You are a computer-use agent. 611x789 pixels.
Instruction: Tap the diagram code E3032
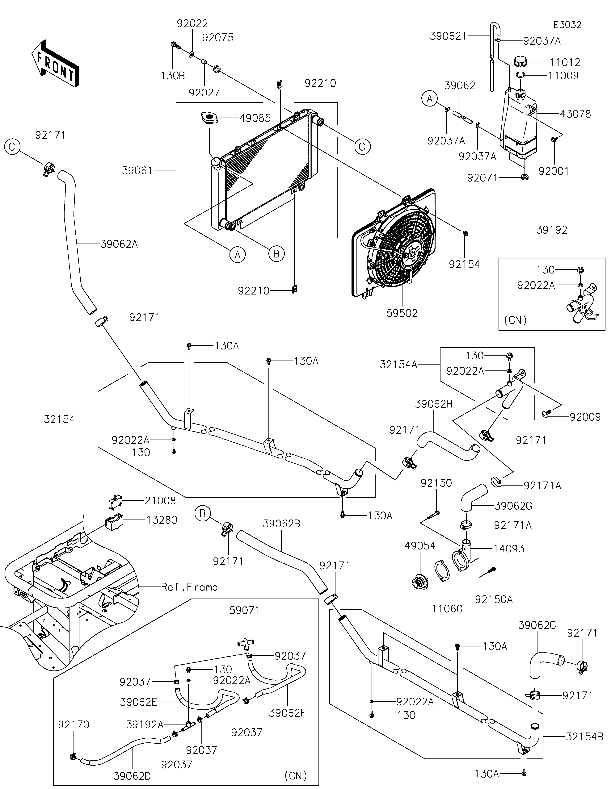(x=567, y=25)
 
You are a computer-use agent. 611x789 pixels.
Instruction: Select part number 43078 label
(x=575, y=114)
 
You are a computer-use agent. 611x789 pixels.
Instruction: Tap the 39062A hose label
(x=119, y=244)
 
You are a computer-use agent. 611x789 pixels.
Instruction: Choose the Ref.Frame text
(x=189, y=587)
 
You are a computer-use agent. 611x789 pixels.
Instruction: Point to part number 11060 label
(x=447, y=609)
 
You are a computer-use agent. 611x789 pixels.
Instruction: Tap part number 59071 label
(x=245, y=610)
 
